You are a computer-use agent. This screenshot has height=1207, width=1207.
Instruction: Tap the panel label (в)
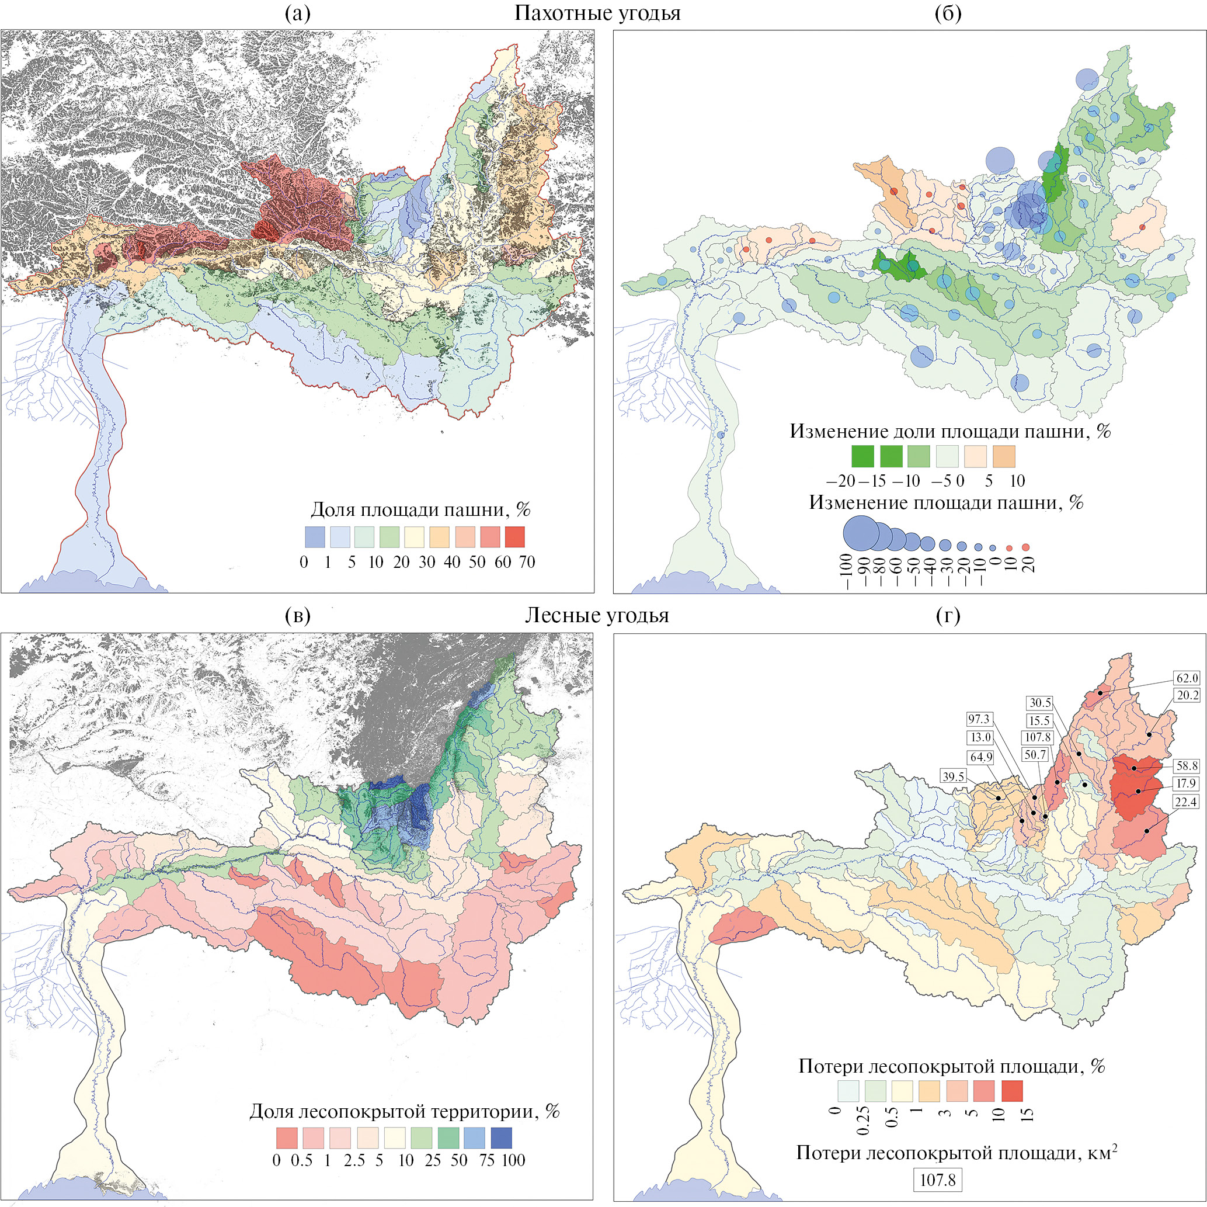pos(297,616)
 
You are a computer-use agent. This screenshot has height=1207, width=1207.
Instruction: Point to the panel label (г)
pos(948,616)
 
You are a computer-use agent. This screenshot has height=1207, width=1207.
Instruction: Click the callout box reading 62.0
pos(1187,678)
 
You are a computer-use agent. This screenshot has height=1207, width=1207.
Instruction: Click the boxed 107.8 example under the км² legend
pos(938,1180)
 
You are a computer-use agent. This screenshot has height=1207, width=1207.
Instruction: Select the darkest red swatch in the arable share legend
pos(515,537)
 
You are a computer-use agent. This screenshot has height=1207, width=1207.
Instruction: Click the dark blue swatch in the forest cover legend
pos(501,1137)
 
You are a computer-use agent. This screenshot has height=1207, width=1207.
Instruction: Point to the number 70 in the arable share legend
pos(527,562)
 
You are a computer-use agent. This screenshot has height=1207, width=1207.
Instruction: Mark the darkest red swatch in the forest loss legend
pos(1012,1091)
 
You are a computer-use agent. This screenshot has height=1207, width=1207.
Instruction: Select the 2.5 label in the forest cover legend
pos(354,1161)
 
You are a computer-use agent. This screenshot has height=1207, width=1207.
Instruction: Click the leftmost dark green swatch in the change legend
pos(862,456)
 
